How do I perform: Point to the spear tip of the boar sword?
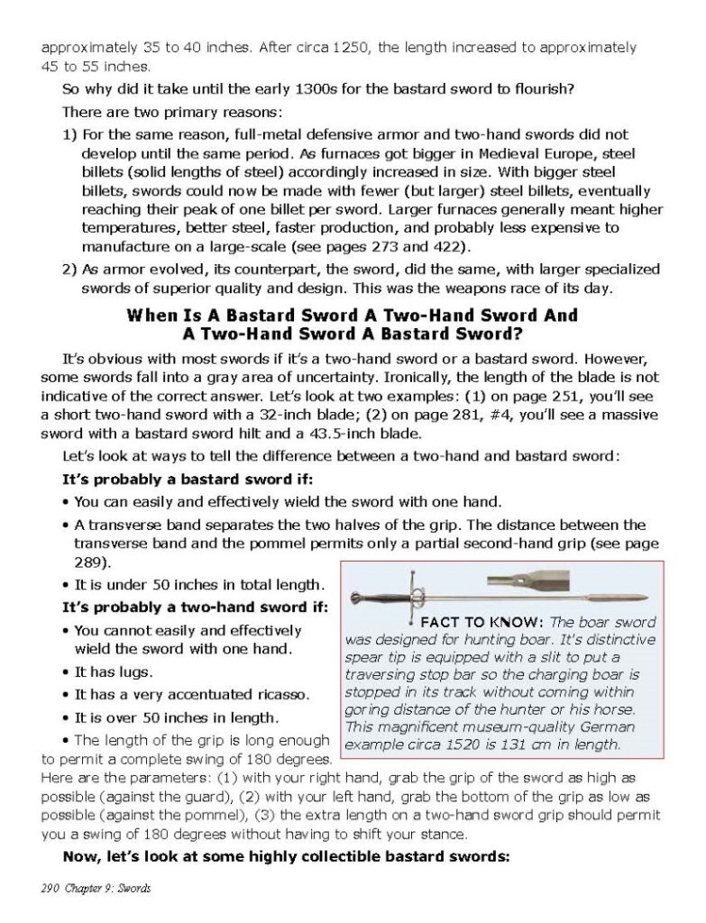pyautogui.click(x=637, y=597)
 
